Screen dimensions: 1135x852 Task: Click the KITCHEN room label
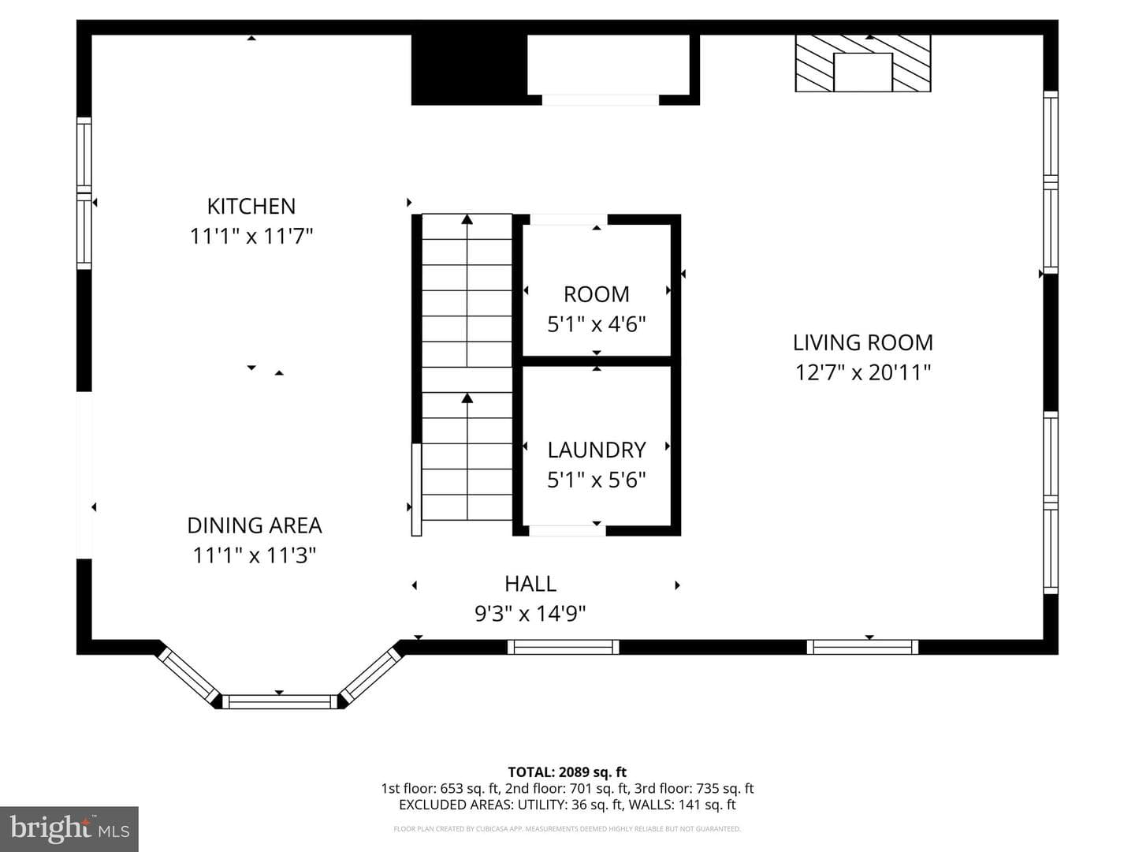coord(251,207)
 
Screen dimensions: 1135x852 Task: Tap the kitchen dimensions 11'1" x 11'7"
coord(251,237)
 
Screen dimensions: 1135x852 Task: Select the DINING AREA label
coord(255,525)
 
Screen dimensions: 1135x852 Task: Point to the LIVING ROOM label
coord(863,342)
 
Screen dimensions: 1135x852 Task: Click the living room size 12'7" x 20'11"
coord(863,372)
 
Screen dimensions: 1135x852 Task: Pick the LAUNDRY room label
coord(597,450)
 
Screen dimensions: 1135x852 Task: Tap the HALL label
coord(530,584)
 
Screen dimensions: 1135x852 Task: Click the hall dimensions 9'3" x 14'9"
coord(530,614)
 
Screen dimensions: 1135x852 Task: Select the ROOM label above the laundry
coord(597,294)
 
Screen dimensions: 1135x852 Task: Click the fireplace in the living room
coord(863,64)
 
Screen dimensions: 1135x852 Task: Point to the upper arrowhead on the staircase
coord(467,219)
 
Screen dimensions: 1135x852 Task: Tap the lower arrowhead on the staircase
coord(467,398)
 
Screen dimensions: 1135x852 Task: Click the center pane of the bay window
coord(279,701)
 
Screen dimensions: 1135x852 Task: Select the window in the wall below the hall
coord(563,647)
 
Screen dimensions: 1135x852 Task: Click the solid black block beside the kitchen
coord(469,70)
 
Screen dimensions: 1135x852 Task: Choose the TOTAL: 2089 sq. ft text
coord(567,772)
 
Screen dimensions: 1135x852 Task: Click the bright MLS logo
coord(69,829)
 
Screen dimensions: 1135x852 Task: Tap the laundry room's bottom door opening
coord(567,530)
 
